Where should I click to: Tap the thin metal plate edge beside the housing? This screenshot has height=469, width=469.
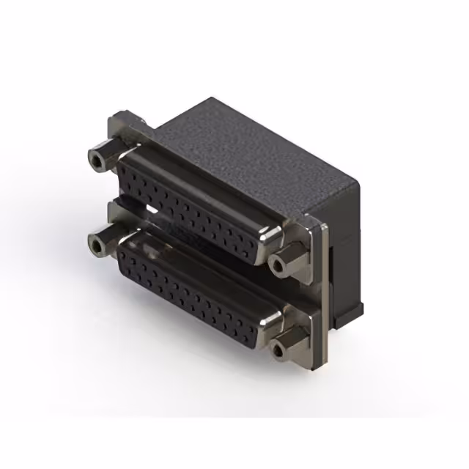pyautogui.click(x=322, y=293)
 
